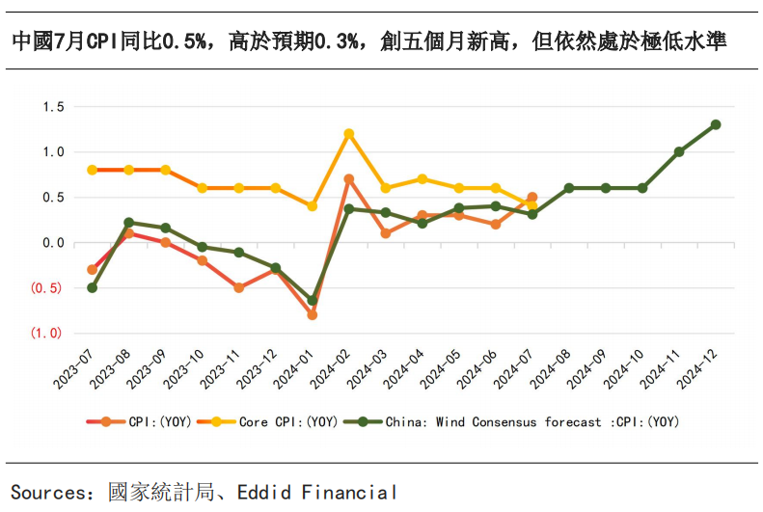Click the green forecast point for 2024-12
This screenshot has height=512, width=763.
716,124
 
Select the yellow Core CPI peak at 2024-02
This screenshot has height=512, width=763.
349,134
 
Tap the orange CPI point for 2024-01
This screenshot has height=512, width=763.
312,314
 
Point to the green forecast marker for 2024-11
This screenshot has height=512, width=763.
679,151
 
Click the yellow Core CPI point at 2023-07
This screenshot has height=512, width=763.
93,170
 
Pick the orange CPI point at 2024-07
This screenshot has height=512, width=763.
532,197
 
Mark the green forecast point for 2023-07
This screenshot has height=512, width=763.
93,287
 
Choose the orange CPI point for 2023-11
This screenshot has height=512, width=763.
238,287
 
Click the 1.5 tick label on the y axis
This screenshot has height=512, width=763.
52,106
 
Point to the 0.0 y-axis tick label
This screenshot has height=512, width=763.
52,242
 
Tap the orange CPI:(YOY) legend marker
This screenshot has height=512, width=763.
106,421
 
